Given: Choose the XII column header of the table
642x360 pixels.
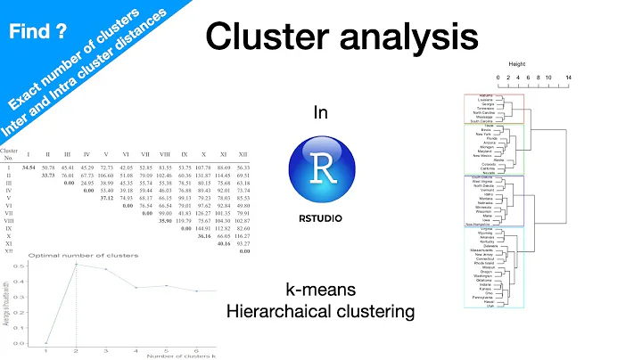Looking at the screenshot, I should pos(243,154).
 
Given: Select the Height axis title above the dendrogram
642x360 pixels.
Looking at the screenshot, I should pos(517,65).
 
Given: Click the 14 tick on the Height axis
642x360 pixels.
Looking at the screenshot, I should pos(568,78).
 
